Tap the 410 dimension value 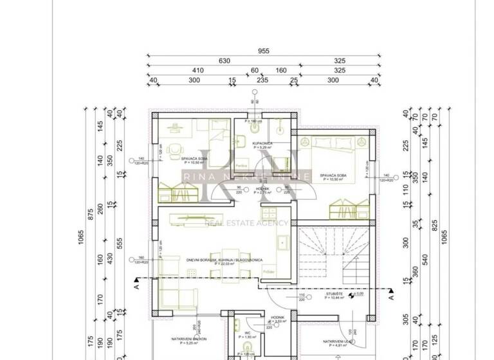pos(197,71)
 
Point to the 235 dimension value pos(262,80)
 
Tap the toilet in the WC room pos(245,352)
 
